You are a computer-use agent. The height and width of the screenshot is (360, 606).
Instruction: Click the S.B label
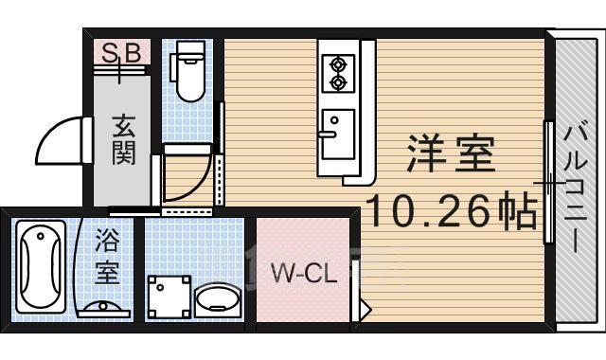(x=121, y=53)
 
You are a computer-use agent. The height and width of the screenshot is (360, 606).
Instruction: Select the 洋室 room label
(x=452, y=154)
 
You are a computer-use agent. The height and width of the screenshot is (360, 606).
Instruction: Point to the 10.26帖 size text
(x=452, y=210)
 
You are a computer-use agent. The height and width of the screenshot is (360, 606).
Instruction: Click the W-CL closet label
(x=304, y=275)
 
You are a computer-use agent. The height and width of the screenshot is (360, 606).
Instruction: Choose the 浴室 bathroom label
(x=107, y=258)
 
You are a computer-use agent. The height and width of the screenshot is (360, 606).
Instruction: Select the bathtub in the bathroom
(x=43, y=265)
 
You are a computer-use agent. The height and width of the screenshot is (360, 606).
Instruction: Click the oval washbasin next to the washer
(x=219, y=299)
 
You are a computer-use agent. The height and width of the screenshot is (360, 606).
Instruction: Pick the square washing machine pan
(x=169, y=296)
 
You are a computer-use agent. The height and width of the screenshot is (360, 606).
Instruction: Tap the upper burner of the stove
(x=336, y=64)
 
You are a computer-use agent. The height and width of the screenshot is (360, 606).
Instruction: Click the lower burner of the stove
(x=336, y=83)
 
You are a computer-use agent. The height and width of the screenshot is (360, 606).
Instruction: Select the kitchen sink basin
(x=336, y=133)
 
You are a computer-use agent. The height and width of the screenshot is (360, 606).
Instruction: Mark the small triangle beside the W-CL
(x=363, y=306)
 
